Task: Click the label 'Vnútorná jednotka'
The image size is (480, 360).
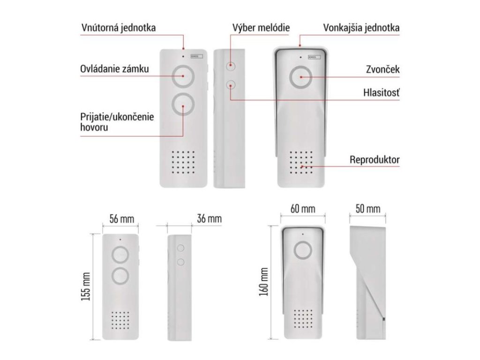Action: pos(118,28)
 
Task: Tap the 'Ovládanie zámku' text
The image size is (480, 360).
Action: pos(114,69)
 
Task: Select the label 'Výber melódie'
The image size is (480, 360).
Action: pos(261,28)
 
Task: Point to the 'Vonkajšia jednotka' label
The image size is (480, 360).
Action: pos(361,28)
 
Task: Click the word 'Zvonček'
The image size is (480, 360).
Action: pos(382,69)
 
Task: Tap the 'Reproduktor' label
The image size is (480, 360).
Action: pos(375,159)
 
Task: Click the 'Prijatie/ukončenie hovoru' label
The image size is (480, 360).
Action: pos(117,121)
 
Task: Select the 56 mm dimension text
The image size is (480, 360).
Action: pos(121,219)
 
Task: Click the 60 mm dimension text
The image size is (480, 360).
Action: pos(302,209)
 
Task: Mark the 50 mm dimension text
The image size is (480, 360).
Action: pos(367,209)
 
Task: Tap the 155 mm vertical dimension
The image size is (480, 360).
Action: pos(86,286)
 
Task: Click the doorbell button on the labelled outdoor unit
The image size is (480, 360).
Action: pos(300,78)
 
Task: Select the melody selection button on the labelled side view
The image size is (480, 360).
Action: pos(230,66)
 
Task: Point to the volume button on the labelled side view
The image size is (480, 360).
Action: pos(230,85)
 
